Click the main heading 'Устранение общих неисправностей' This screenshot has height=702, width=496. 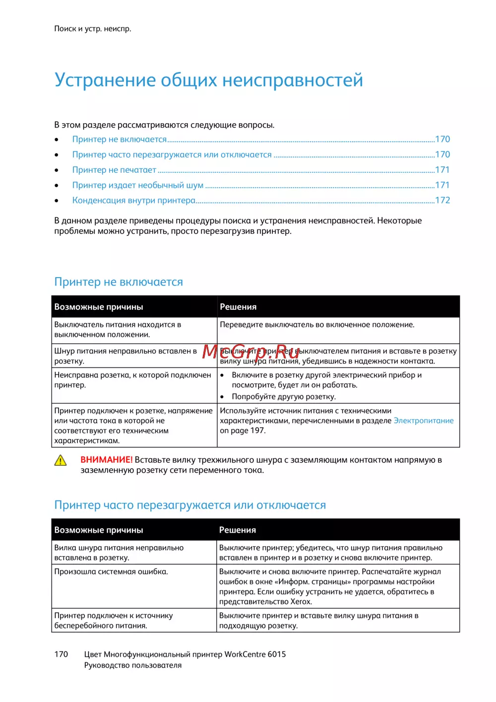[208, 80]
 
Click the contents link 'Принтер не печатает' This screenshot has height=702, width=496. [114, 170]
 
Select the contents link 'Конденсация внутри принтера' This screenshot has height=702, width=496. [133, 201]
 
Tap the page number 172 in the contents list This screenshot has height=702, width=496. [442, 201]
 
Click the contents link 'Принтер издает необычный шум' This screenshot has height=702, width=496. [137, 185]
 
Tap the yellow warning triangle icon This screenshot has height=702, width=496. [60, 461]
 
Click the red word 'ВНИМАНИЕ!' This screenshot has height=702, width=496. [106, 460]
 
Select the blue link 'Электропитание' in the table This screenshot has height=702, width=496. [423, 421]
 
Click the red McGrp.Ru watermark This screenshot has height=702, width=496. [251, 351]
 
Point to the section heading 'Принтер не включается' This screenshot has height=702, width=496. [119, 282]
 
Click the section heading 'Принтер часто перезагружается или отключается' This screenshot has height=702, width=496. [190, 505]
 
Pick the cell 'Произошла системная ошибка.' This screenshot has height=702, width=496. [111, 572]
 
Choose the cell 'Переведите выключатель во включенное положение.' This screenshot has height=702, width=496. [317, 325]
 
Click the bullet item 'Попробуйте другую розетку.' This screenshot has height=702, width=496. [284, 397]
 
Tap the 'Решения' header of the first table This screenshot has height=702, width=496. [238, 307]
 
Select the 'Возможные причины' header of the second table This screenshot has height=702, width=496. [99, 530]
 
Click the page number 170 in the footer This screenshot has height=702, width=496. [61, 654]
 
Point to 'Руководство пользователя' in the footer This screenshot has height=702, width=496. [133, 665]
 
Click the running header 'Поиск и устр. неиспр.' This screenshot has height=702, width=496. [93, 29]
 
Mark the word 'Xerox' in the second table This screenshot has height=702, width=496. [301, 602]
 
